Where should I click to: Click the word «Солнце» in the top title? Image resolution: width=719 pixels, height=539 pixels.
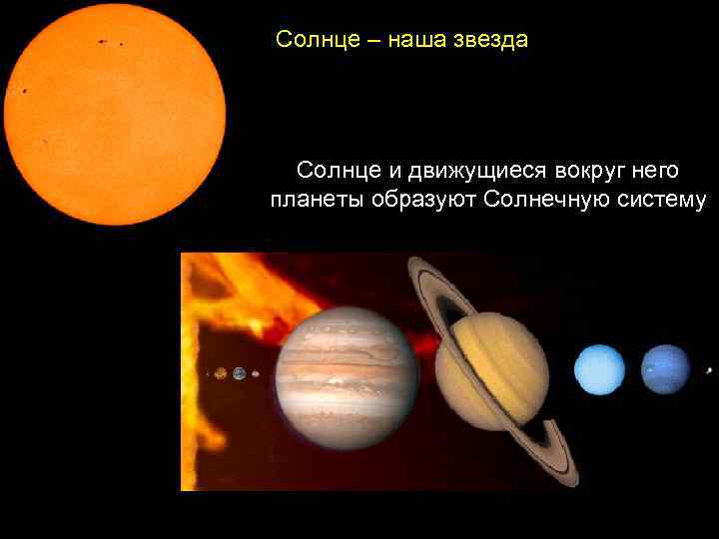click(x=311, y=41)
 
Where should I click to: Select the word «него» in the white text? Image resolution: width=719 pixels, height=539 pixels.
click(x=655, y=171)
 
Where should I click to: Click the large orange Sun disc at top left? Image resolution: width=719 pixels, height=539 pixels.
click(x=115, y=115)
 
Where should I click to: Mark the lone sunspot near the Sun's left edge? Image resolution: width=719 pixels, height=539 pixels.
click(x=23, y=92)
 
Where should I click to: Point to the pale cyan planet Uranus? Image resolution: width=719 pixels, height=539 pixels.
click(x=599, y=370)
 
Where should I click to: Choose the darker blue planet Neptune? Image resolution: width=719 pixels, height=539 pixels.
click(x=665, y=369)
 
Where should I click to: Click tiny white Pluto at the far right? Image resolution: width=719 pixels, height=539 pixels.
click(x=709, y=370)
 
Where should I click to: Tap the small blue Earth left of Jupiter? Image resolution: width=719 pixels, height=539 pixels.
click(x=240, y=373)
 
